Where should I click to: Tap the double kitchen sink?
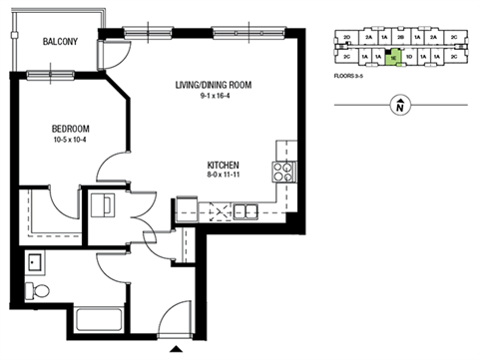242,210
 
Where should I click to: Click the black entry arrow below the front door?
177,347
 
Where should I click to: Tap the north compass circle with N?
398,104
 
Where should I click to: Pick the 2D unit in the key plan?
345,37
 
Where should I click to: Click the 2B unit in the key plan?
400,37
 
